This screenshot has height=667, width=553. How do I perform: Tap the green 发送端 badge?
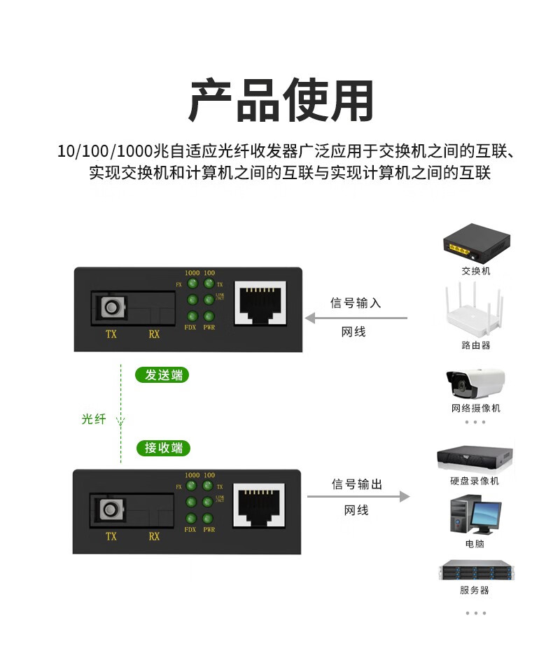click(x=162, y=375)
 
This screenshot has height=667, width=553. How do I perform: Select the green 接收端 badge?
click(x=162, y=448)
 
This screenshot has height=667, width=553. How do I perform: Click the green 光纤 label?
click(x=93, y=419)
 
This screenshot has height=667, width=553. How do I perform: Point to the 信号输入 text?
click(x=355, y=303)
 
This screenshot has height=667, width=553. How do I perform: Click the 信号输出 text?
click(x=356, y=484)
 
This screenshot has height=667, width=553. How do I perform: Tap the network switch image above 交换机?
click(x=475, y=242)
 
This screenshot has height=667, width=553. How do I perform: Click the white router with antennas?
click(x=475, y=311)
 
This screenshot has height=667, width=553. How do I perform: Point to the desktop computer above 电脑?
click(x=475, y=515)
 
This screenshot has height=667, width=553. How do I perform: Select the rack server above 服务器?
click(x=475, y=570)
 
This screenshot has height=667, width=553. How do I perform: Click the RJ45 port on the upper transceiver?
click(x=260, y=302)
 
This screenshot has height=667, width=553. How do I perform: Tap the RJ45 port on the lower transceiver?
click(x=260, y=504)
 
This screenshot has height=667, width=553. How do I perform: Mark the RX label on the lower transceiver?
click(x=154, y=537)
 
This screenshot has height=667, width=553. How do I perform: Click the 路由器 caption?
click(x=475, y=345)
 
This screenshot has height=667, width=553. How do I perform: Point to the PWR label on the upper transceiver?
click(x=209, y=328)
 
